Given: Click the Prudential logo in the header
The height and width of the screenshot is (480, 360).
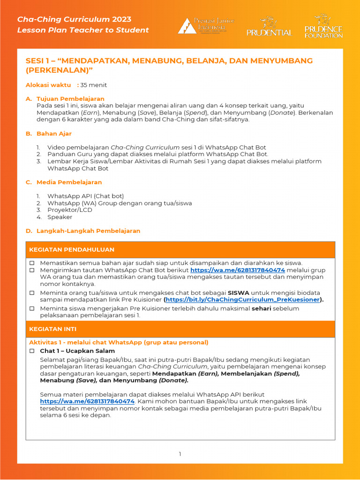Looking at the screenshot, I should coord(269,27).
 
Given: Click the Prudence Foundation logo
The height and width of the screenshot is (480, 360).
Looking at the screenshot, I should coord(323,26).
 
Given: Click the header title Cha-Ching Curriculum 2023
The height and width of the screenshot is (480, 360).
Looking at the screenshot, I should coord(74,19).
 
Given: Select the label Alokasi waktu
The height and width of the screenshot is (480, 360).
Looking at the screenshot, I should coord(48,85).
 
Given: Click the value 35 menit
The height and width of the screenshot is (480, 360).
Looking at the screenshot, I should coord(93,85).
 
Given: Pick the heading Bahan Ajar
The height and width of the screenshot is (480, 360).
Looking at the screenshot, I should coord(54,134).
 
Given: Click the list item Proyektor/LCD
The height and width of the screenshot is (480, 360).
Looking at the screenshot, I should coord(70,210).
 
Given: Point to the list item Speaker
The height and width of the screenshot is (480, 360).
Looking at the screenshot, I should coord(60,217).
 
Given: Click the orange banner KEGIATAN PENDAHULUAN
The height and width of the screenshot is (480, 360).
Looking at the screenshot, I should coord(180,249).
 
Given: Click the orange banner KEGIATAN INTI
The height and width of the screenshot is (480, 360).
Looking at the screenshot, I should coord(180,329).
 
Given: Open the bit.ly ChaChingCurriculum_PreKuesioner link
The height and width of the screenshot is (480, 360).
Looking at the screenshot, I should coord(243,300).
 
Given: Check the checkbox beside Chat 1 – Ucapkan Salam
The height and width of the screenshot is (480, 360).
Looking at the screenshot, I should coord(32,351).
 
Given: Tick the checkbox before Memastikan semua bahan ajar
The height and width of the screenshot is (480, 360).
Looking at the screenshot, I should coord(32,263).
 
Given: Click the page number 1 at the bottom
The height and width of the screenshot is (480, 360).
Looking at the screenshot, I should coord(180,454).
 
